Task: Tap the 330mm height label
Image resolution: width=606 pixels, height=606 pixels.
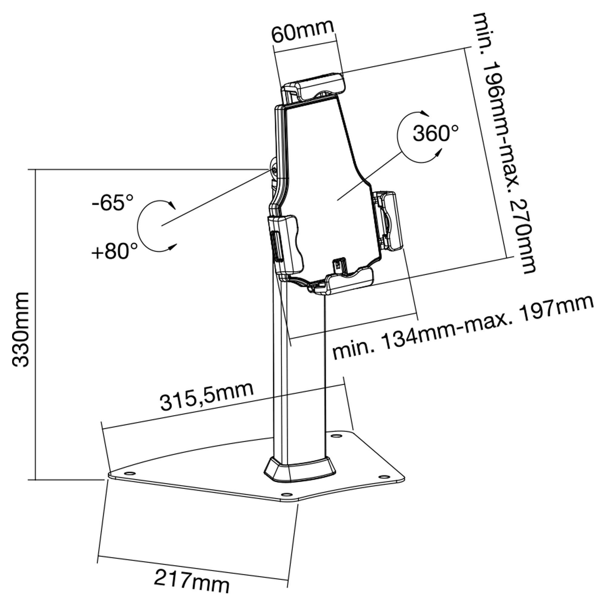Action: pos(21,329)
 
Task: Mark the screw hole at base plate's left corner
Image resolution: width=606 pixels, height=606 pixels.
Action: pos(130,481)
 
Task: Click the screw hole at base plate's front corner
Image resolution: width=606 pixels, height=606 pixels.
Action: pos(287,503)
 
